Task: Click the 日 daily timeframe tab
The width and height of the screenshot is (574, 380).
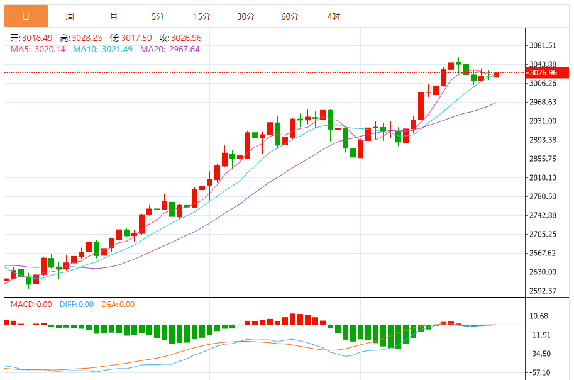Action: tap(25, 16)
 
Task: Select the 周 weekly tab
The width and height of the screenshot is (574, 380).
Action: tap(70, 16)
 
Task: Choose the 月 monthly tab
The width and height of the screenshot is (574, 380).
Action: tap(113, 16)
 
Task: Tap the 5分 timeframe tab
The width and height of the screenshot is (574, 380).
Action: tap(158, 16)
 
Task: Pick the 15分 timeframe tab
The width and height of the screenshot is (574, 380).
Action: tap(202, 16)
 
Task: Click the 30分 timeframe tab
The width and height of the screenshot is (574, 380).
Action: tap(246, 16)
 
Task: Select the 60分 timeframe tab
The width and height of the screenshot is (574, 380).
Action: tap(290, 16)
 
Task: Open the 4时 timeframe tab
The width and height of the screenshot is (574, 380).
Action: tap(333, 16)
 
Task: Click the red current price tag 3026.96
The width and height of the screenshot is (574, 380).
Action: tap(544, 73)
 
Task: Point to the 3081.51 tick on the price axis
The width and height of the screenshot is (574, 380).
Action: tap(544, 45)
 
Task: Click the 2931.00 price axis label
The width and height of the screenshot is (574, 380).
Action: tap(544, 121)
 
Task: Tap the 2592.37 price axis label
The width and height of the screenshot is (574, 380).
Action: tap(544, 291)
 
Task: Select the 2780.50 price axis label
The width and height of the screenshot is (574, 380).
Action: tap(544, 196)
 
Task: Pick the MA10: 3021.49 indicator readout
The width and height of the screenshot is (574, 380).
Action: tap(102, 49)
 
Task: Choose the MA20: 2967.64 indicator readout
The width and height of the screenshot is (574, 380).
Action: tap(170, 49)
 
